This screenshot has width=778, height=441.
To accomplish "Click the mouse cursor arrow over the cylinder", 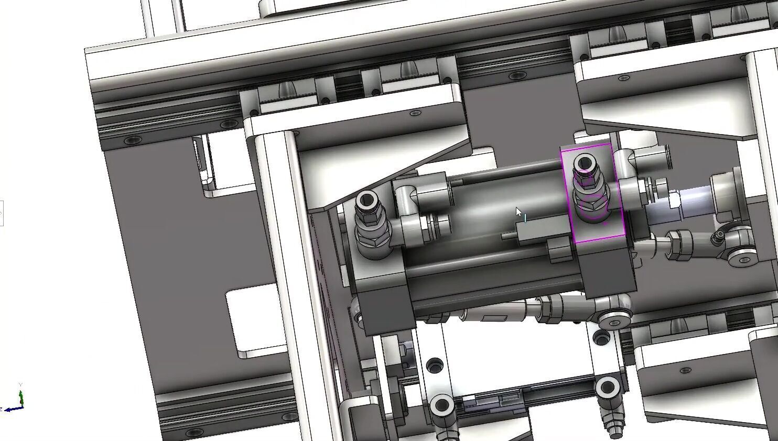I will tap(518, 212).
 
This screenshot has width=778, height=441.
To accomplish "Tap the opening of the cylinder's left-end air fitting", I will tap(365, 200).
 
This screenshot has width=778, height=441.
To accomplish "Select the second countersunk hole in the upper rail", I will tap(229, 125).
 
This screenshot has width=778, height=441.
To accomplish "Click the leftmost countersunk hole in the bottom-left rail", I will tap(194, 433).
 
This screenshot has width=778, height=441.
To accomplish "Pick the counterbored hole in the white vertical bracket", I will tap(434, 365).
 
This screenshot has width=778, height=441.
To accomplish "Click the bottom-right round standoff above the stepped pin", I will tap(607, 388).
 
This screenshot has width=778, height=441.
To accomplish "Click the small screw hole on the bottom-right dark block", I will tap(684, 371).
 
